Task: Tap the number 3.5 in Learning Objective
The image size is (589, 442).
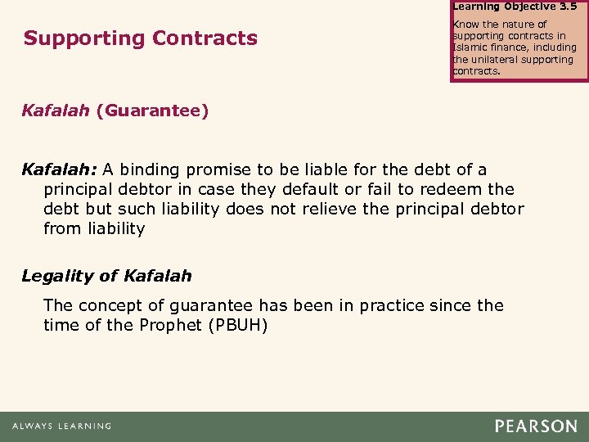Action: (567, 6)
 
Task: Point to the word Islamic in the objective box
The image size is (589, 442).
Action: (469, 47)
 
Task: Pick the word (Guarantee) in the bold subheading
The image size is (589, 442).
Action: (152, 110)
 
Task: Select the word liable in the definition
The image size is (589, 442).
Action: (321, 169)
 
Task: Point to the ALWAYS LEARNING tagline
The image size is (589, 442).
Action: (61, 426)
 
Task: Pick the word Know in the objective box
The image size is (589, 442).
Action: (465, 25)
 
